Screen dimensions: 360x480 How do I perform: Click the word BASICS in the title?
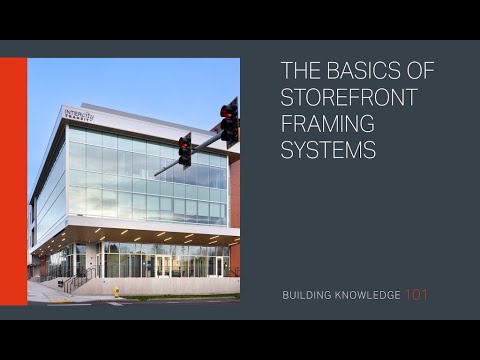click(x=351, y=71)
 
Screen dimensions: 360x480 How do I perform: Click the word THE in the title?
click(x=298, y=71)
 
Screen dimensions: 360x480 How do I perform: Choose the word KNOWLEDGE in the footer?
click(x=367, y=296)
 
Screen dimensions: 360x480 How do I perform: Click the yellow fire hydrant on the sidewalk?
click(x=116, y=292)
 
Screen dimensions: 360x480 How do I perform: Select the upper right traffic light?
click(x=231, y=121)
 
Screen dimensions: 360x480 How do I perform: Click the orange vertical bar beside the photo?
click(x=13, y=181)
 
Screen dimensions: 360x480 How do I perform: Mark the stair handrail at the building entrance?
click(x=80, y=279)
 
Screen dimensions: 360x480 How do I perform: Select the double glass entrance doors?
click(x=162, y=266)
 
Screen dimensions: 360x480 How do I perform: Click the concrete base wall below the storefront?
click(x=170, y=286)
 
